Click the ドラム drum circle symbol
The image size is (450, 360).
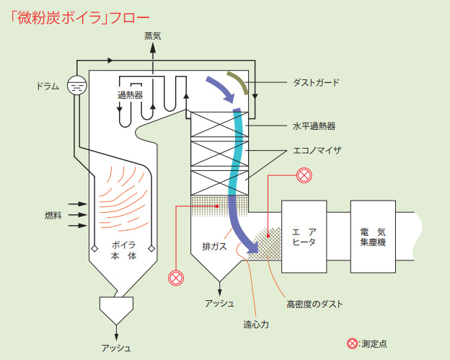tap(76, 85)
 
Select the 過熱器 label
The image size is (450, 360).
tap(130, 95)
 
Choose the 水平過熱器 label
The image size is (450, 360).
tap(314, 126)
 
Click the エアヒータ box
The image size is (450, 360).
tap(304, 237)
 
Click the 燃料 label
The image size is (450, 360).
tap(53, 215)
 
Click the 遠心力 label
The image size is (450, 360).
tap(256, 325)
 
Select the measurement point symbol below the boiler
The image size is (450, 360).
tap(176, 278)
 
